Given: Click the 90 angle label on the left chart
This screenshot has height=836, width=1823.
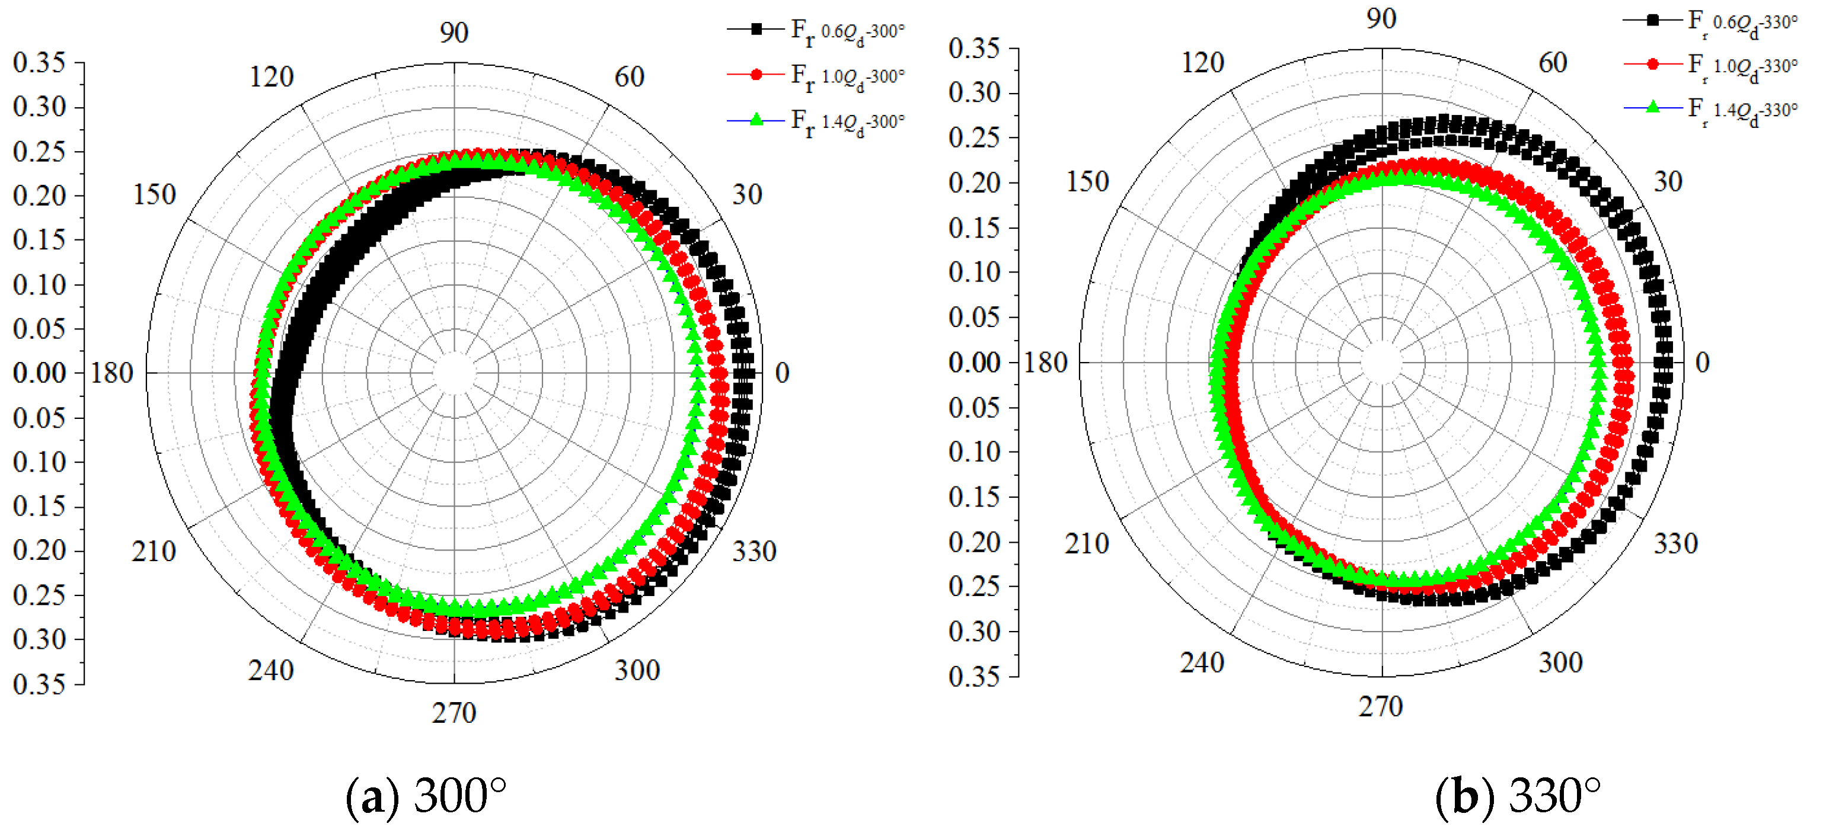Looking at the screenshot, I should tap(454, 33).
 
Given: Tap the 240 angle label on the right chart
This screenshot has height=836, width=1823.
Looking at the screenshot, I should tap(1202, 663).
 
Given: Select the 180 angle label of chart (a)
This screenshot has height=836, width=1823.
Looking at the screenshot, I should tap(112, 373).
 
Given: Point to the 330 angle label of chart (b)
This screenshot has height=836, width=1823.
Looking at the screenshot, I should tap(1675, 544).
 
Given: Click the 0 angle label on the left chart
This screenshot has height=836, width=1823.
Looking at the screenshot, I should tap(781, 373).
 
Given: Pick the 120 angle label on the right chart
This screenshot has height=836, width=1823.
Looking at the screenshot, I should tap(1202, 63).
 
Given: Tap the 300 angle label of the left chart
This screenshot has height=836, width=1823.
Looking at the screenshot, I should tap(637, 670).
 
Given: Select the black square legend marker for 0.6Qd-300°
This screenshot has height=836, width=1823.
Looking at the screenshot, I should tap(756, 30).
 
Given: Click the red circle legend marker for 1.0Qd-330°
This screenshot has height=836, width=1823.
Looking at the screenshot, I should tap(1652, 65).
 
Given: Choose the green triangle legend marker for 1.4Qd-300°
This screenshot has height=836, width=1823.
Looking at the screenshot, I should tap(756, 120).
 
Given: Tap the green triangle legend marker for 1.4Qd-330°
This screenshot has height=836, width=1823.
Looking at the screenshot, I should tap(1652, 107).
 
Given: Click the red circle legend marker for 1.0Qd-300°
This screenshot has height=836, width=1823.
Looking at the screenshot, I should tap(756, 74).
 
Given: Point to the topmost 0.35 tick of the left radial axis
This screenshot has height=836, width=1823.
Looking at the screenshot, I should tap(40, 63).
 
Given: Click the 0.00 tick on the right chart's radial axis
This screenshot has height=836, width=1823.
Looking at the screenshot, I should tap(975, 363).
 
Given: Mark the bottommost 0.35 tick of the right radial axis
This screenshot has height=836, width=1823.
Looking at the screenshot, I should tap(975, 677).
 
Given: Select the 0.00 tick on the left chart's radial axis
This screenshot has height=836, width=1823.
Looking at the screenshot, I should tap(40, 373).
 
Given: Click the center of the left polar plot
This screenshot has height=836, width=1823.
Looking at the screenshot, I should tap(454, 373).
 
